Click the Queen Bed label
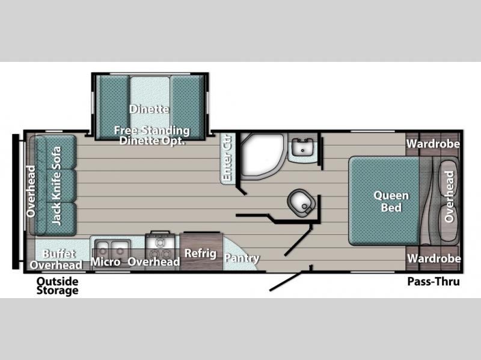tap(391, 201)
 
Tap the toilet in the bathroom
tap(301, 203)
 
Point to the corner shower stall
tap(263, 156)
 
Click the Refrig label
tap(200, 253)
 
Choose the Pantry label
tap(242, 258)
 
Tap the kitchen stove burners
tap(160, 248)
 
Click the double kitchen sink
tap(112, 248)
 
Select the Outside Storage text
tap(57, 286)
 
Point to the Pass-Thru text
tap(434, 281)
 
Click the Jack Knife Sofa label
tap(57, 186)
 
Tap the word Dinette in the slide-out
tap(149, 109)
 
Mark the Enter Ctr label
tap(227, 158)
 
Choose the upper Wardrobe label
tap(433, 144)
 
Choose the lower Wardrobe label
tap(434, 258)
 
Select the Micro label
tap(106, 262)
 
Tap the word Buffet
tap(58, 254)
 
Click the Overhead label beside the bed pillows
tap(449, 197)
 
